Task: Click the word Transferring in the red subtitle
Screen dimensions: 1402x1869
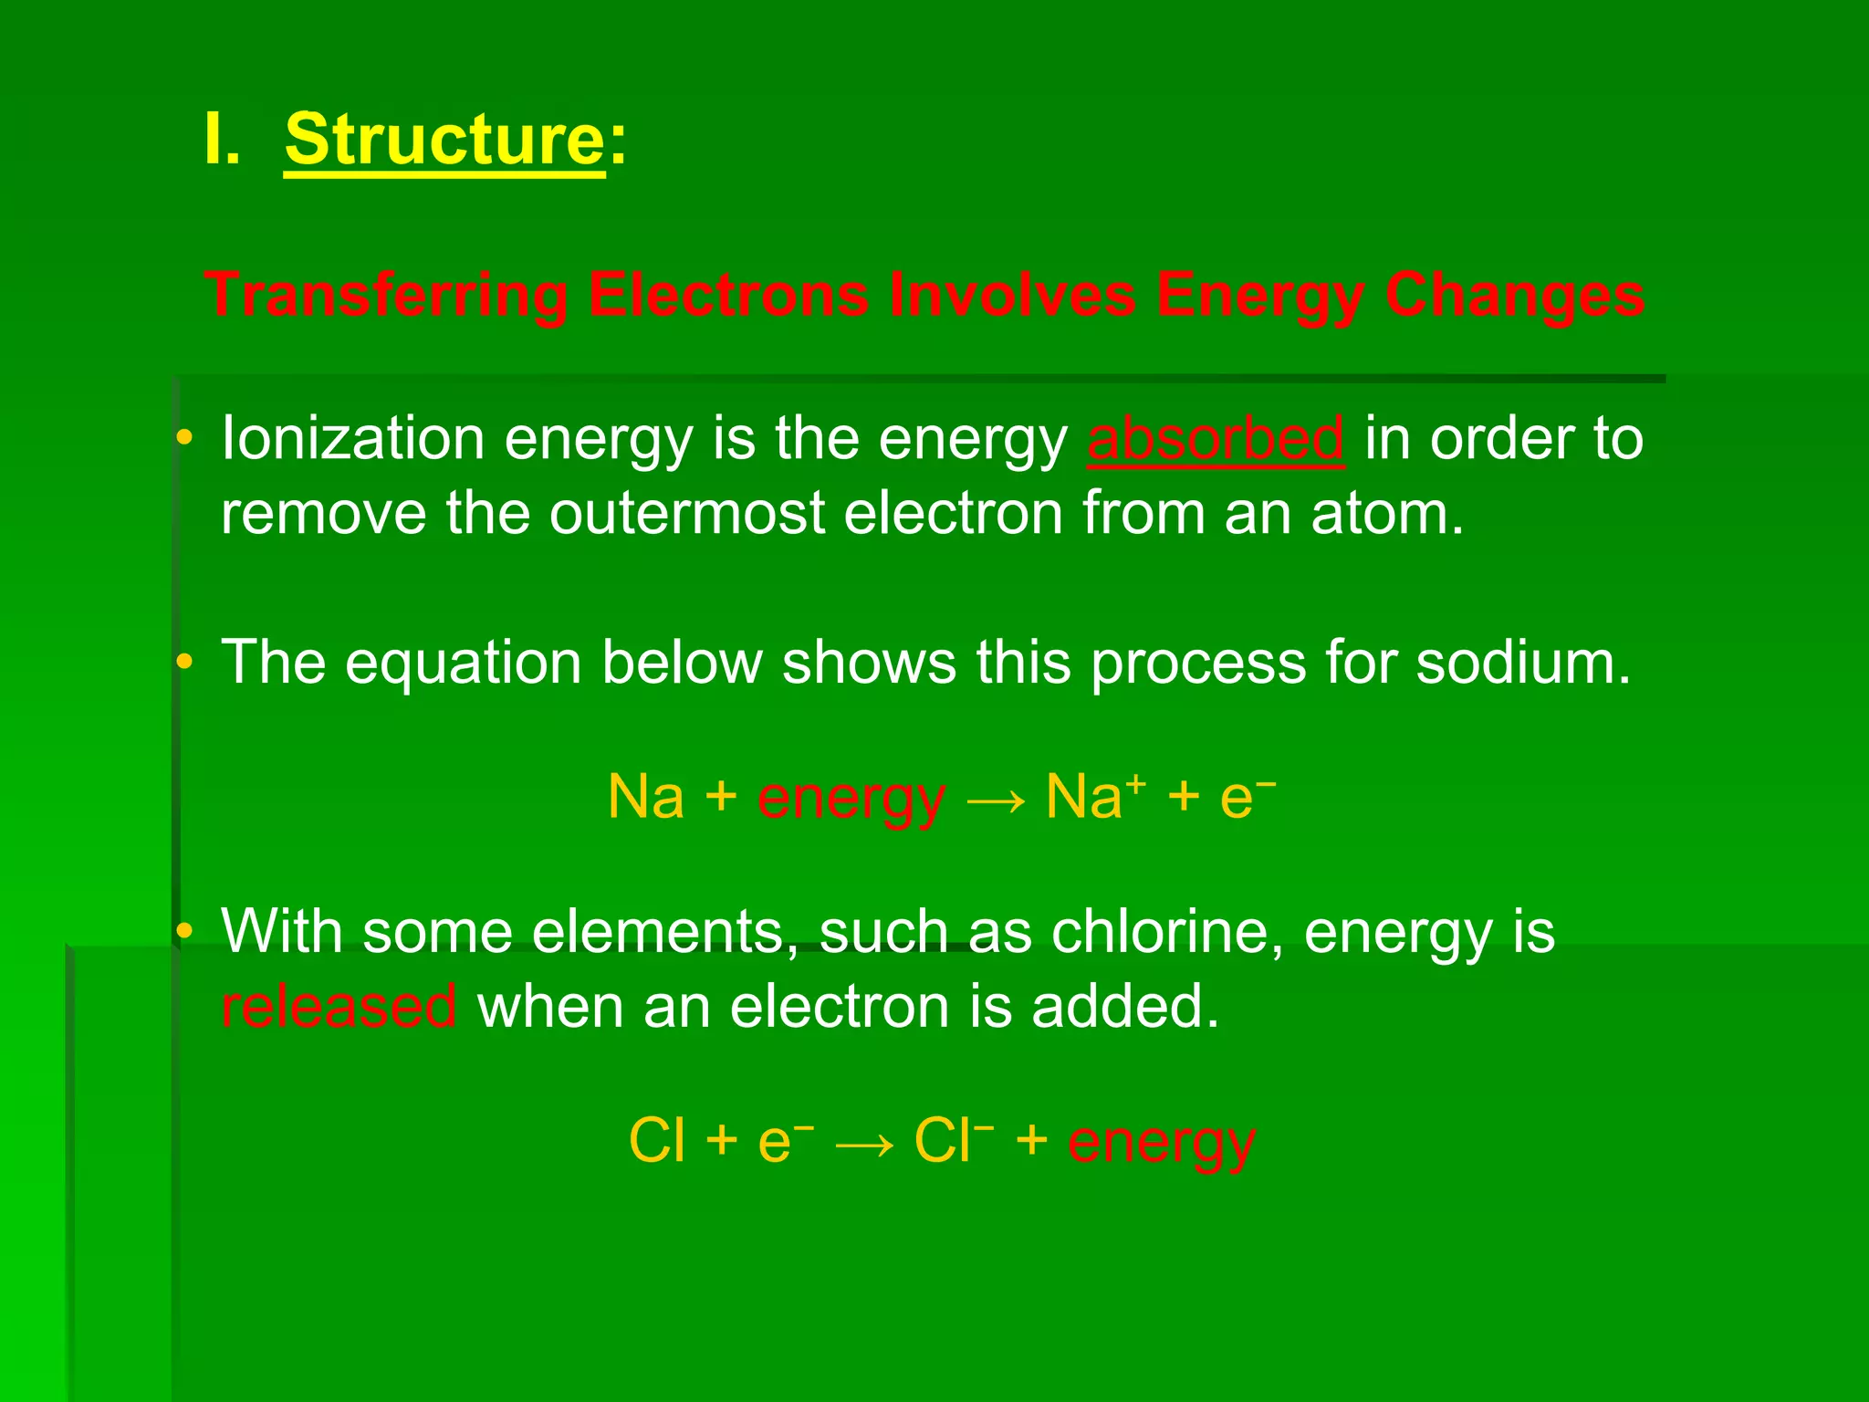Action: coord(386,296)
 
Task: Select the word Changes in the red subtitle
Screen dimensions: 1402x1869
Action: coord(1514,296)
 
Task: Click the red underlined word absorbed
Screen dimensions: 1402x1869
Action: coord(1215,439)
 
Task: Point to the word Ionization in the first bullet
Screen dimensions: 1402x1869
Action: coord(352,439)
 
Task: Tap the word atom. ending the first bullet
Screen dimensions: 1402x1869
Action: coord(1387,513)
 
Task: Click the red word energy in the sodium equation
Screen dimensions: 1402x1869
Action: coord(851,798)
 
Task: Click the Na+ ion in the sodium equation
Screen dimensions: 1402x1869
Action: coord(1094,796)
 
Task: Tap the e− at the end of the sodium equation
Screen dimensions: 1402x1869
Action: coord(1246,796)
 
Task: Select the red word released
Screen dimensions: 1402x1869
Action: coord(339,1007)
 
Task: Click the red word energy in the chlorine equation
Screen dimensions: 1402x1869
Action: coord(1161,1142)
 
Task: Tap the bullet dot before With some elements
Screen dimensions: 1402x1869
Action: coord(184,932)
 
